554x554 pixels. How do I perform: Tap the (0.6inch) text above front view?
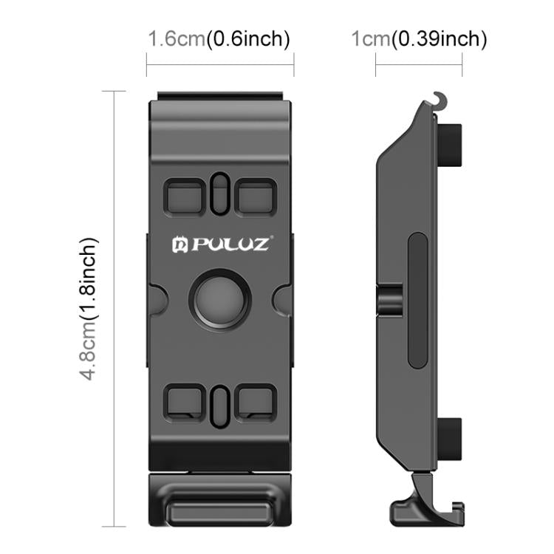click(x=247, y=38)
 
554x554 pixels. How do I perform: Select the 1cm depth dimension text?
click(x=371, y=38)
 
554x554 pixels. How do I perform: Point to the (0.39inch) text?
click(x=439, y=38)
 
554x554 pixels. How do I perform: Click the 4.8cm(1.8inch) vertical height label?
click(x=89, y=308)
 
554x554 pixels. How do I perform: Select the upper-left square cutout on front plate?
click(x=185, y=196)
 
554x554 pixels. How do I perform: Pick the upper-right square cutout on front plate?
click(x=255, y=196)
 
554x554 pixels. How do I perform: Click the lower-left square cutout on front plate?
click(x=185, y=402)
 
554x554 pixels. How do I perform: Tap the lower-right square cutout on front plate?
click(x=255, y=402)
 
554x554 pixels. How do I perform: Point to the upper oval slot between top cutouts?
click(x=219, y=194)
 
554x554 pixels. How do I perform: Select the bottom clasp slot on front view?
click(x=220, y=510)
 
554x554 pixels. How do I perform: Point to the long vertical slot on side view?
click(x=416, y=303)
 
